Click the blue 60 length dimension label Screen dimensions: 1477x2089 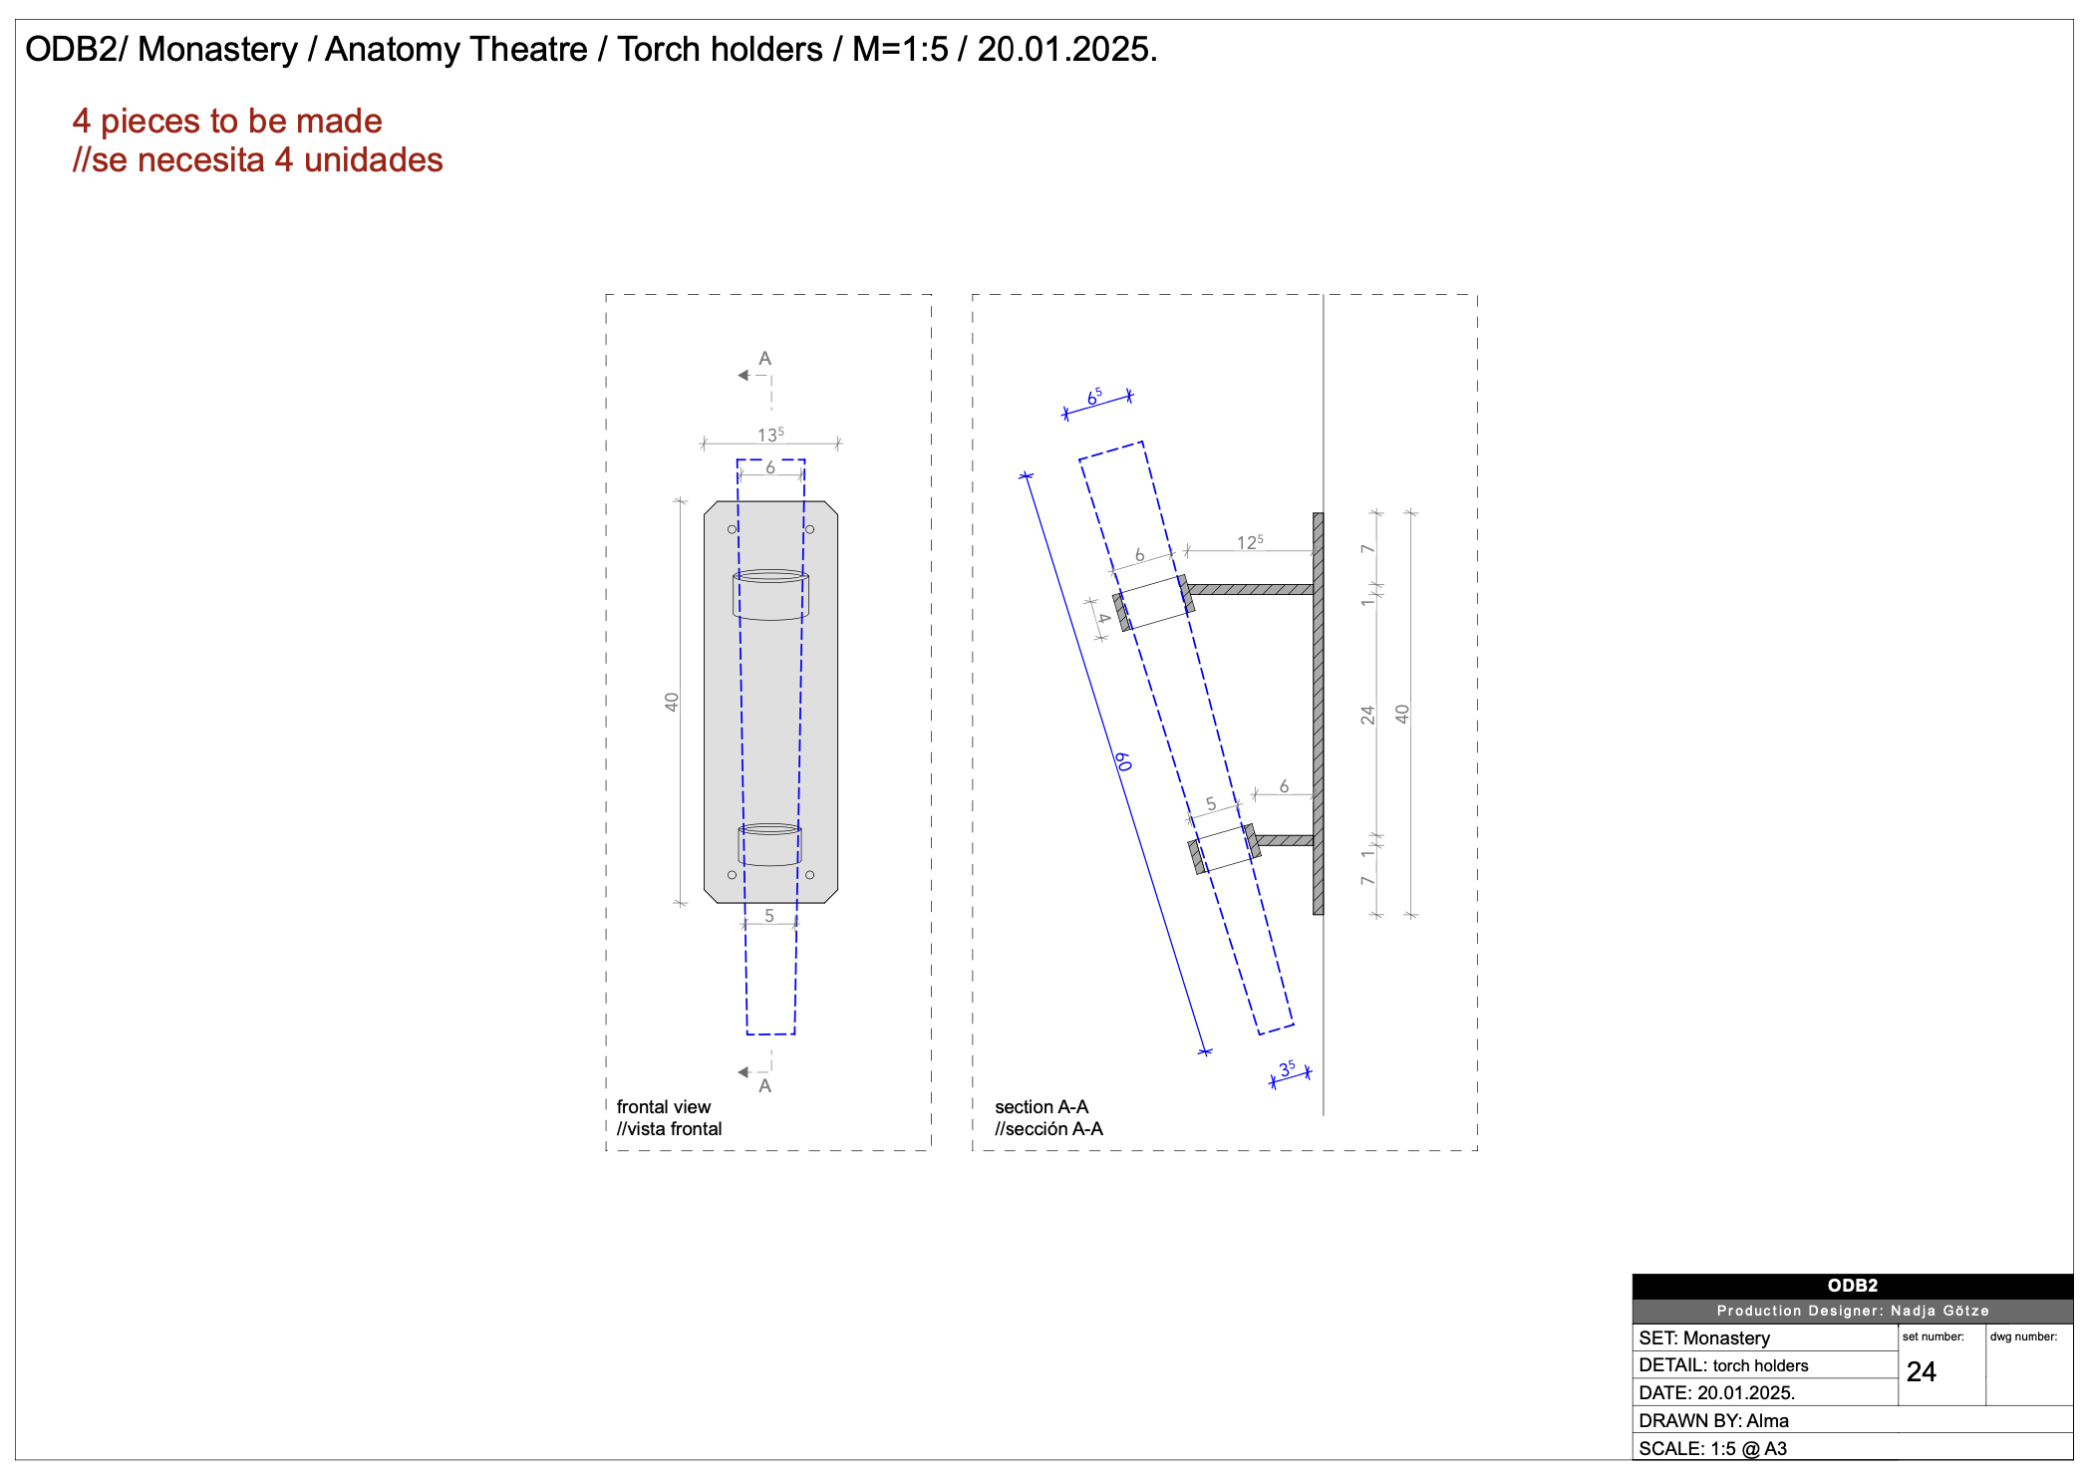[1123, 762]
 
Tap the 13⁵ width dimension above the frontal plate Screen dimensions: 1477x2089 [770, 435]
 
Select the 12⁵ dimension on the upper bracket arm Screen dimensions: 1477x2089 [1250, 542]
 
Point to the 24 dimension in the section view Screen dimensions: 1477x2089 [1367, 715]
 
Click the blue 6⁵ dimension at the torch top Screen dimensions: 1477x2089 [1094, 397]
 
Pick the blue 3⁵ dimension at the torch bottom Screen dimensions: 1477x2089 [1287, 1068]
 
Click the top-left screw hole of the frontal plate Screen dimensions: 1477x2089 [733, 529]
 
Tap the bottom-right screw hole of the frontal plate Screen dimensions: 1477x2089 [809, 875]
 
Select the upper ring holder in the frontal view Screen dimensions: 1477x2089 [770, 595]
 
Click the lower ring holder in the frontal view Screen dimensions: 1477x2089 [769, 844]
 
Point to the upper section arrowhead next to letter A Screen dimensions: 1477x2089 [744, 376]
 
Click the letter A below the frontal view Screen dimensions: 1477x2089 [764, 1086]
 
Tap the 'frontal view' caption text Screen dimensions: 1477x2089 [663, 1107]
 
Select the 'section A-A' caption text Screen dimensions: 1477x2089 [1041, 1107]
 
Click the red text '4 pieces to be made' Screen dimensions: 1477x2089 [227, 122]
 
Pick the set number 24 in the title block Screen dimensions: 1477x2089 [1921, 1372]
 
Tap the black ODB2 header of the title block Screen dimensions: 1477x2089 [1852, 1286]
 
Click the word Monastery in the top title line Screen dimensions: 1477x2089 [217, 50]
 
